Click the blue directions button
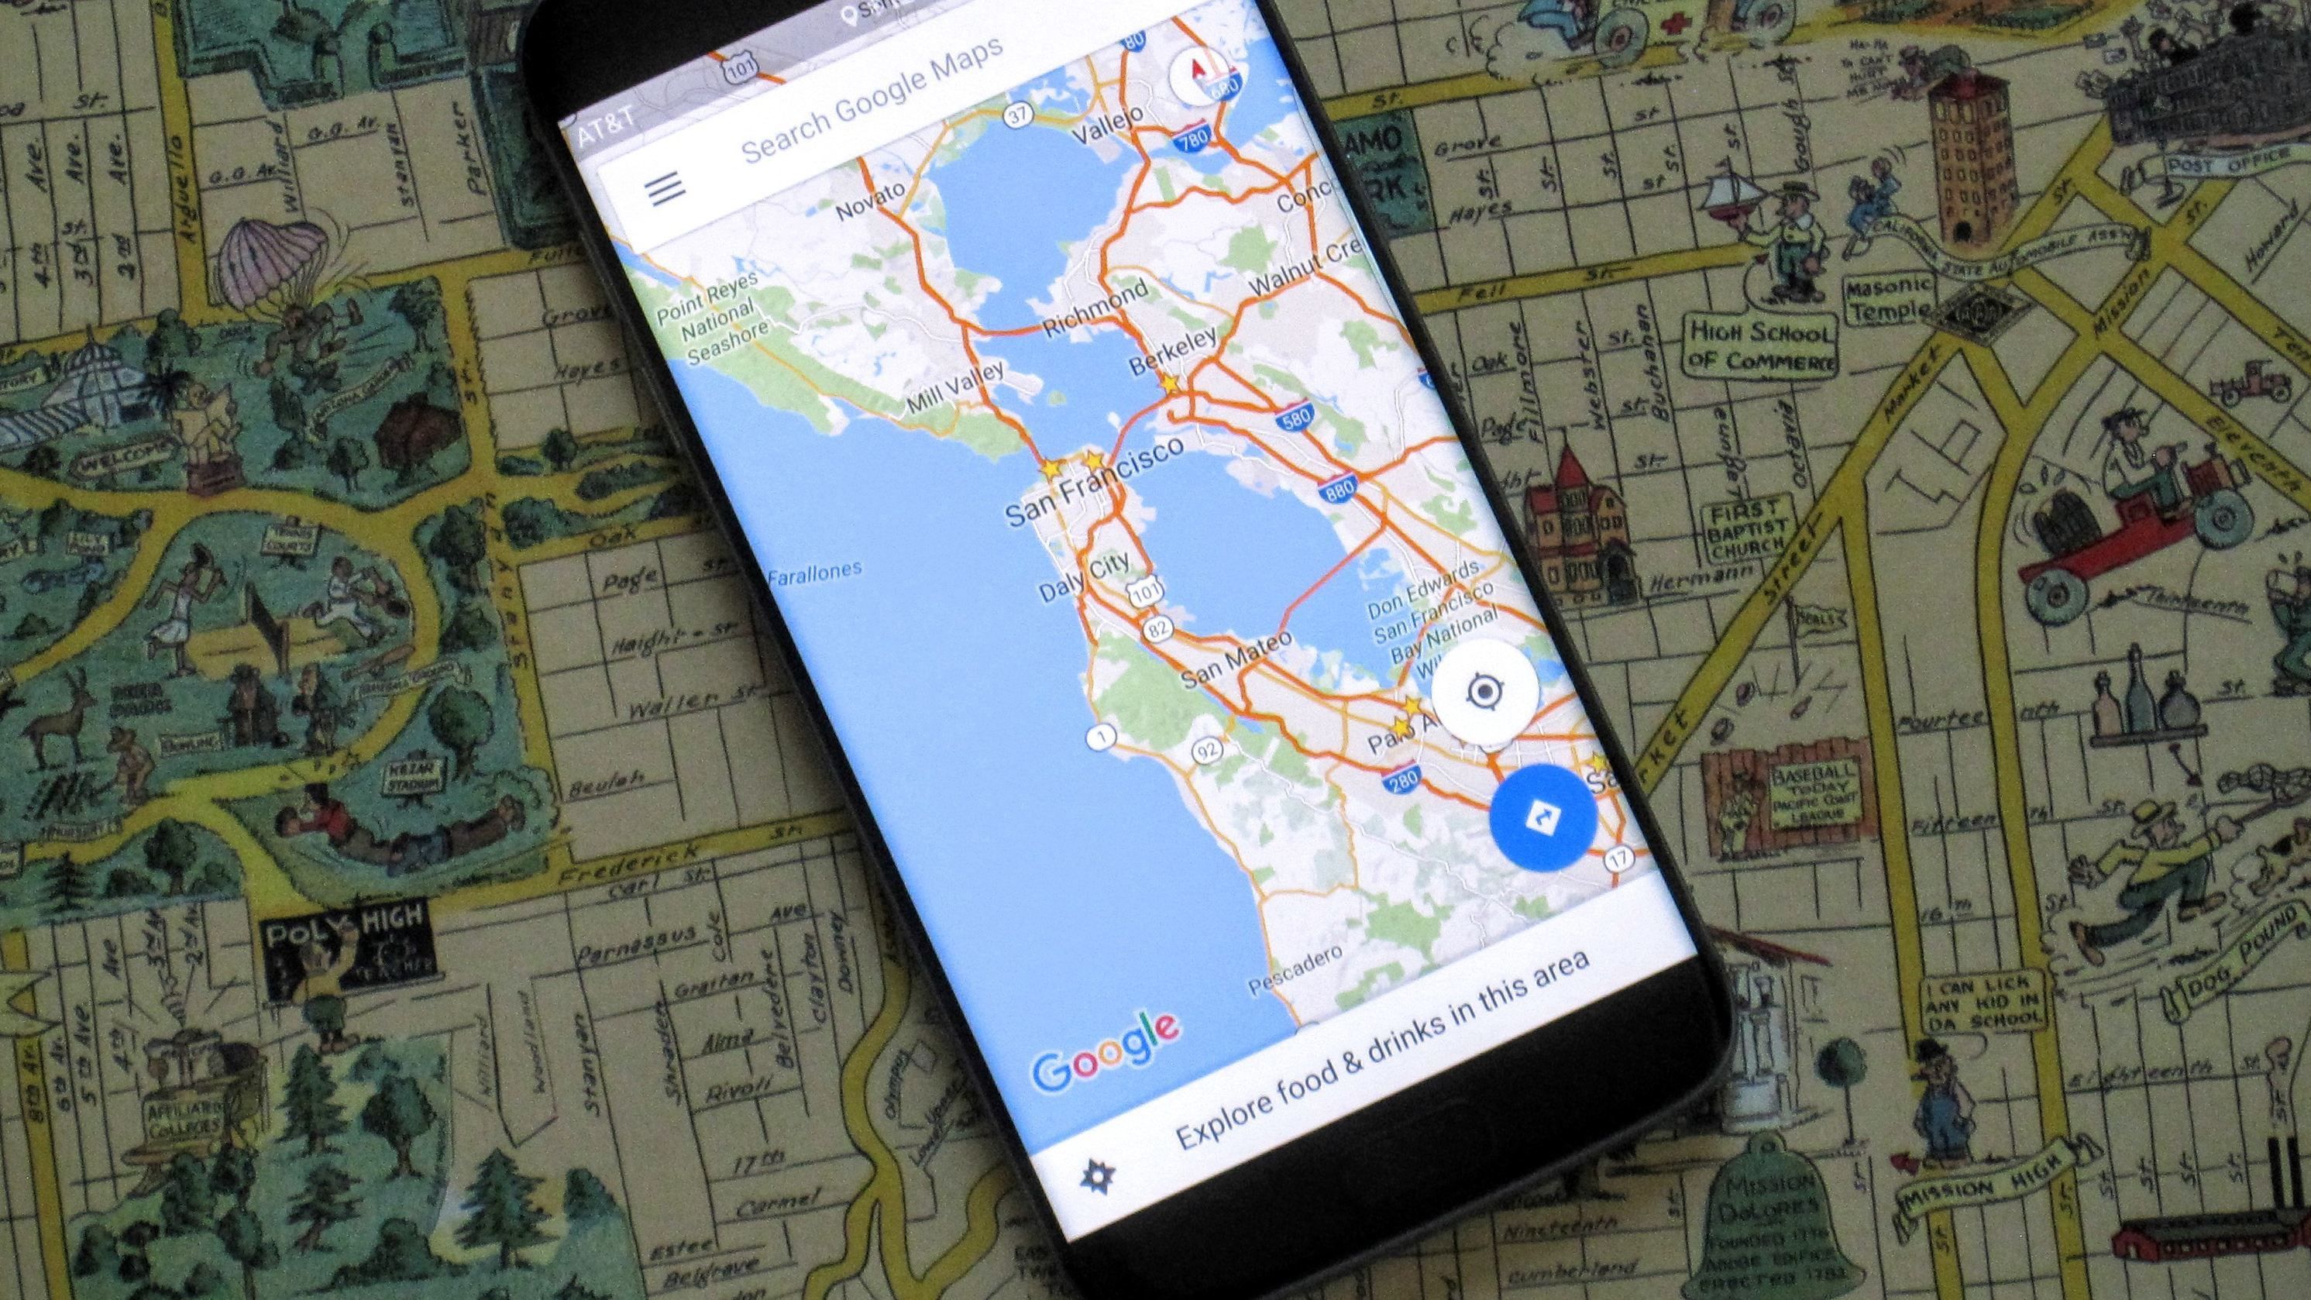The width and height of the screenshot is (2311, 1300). (1542, 817)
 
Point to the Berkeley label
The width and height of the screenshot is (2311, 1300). (1173, 350)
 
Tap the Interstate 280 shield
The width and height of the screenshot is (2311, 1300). (1401, 779)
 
